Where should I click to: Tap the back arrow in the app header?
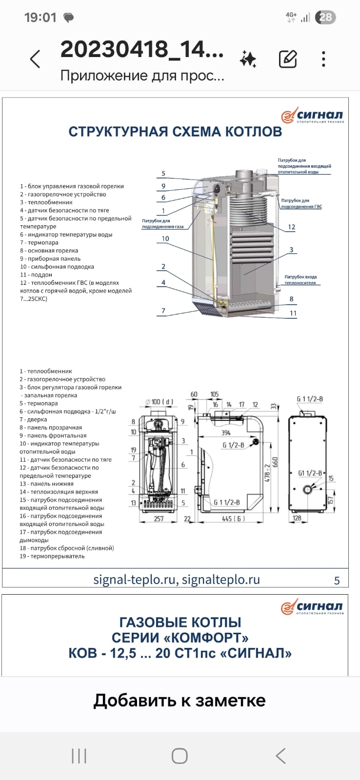point(35,59)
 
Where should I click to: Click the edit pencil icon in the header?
point(288,59)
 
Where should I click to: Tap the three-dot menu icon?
point(323,59)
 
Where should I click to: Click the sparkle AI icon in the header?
point(248,59)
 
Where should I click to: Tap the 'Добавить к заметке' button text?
point(180,701)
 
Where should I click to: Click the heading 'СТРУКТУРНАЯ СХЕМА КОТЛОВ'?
point(175,132)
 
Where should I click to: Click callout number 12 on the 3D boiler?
point(291,227)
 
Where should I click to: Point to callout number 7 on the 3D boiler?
point(163,311)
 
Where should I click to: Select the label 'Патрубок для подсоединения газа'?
point(162,224)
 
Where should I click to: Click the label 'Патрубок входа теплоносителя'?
point(300,280)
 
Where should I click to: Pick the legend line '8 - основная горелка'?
point(49,251)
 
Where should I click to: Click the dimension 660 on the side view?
point(275,462)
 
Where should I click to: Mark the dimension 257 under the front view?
point(159,519)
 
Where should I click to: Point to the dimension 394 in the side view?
point(226,433)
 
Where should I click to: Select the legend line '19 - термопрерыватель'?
point(52,556)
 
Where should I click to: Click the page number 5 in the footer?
point(337,581)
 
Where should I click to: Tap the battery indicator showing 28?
point(325,18)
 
